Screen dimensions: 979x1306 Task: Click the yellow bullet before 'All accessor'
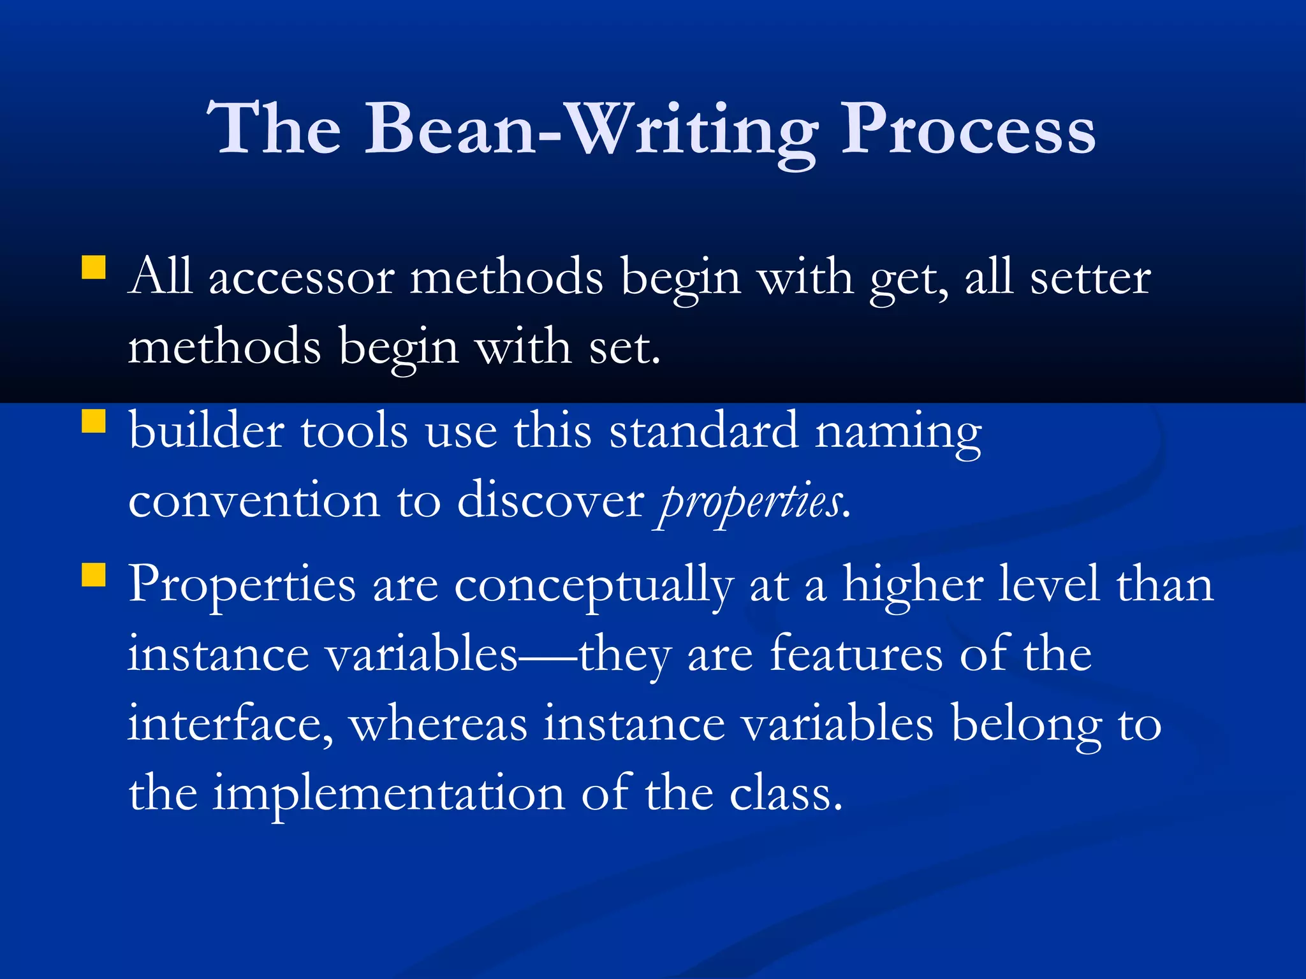click(x=93, y=268)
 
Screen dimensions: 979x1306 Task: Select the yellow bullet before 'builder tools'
click(x=93, y=421)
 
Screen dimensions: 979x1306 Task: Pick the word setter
click(x=1090, y=279)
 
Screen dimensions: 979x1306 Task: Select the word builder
click(x=206, y=431)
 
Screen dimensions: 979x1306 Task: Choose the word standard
click(x=703, y=431)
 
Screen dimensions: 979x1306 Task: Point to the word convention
click(x=254, y=502)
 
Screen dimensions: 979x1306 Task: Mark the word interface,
click(x=230, y=724)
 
